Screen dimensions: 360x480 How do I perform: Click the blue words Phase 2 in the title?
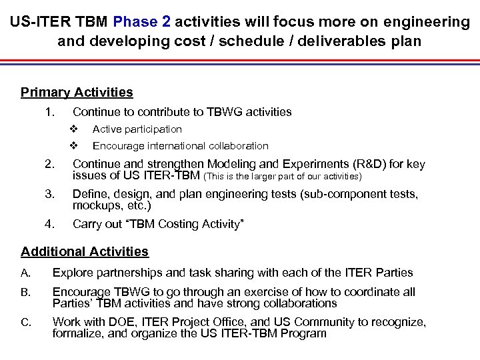(x=142, y=22)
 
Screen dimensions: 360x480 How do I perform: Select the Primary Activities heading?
(x=77, y=93)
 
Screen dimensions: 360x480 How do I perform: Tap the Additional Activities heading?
(x=85, y=252)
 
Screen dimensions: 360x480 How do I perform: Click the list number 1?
(x=48, y=112)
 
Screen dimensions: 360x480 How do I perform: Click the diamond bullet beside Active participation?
(x=74, y=129)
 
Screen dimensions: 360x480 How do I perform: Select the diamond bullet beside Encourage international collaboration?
(x=74, y=146)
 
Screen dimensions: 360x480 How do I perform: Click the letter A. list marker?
(x=26, y=273)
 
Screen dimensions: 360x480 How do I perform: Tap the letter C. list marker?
(x=26, y=323)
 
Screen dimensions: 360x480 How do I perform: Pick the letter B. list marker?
(x=26, y=293)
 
